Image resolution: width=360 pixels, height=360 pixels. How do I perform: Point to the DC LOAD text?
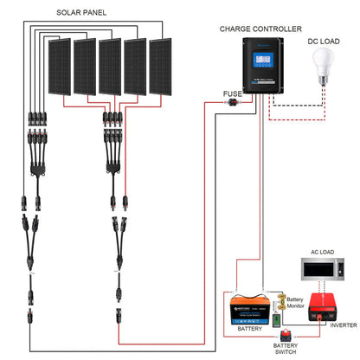pos(325,41)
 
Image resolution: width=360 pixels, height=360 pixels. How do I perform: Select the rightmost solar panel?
pos(161,68)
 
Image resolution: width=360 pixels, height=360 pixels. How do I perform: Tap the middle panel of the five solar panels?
pos(111,68)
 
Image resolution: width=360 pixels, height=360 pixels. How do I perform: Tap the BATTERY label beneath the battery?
pos(249,330)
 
